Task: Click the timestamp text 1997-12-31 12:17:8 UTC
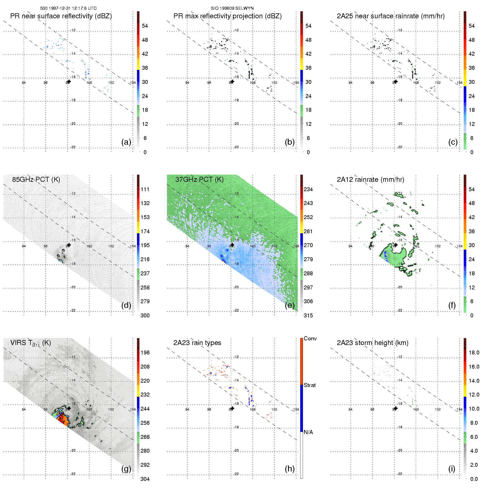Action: click(72, 8)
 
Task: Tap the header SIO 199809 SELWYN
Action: click(232, 8)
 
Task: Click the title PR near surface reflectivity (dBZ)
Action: click(61, 16)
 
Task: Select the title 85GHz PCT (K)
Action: click(36, 180)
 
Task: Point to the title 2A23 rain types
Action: click(197, 343)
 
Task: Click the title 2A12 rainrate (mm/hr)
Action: click(370, 180)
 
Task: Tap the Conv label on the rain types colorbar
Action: click(310, 338)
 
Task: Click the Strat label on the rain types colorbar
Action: click(309, 385)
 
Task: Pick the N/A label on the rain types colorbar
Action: click(308, 432)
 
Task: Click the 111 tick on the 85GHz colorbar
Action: click(145, 189)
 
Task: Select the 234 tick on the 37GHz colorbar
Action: click(308, 189)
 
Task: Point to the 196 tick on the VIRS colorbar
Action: click(145, 352)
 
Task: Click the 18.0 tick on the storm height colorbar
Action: click(474, 352)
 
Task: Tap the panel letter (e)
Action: click(289, 305)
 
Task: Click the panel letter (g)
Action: click(126, 469)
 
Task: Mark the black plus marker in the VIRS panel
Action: click(69, 408)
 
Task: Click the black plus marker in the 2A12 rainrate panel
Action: click(396, 245)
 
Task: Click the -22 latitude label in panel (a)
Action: click(73, 147)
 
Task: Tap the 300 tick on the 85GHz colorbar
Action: click(145, 315)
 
